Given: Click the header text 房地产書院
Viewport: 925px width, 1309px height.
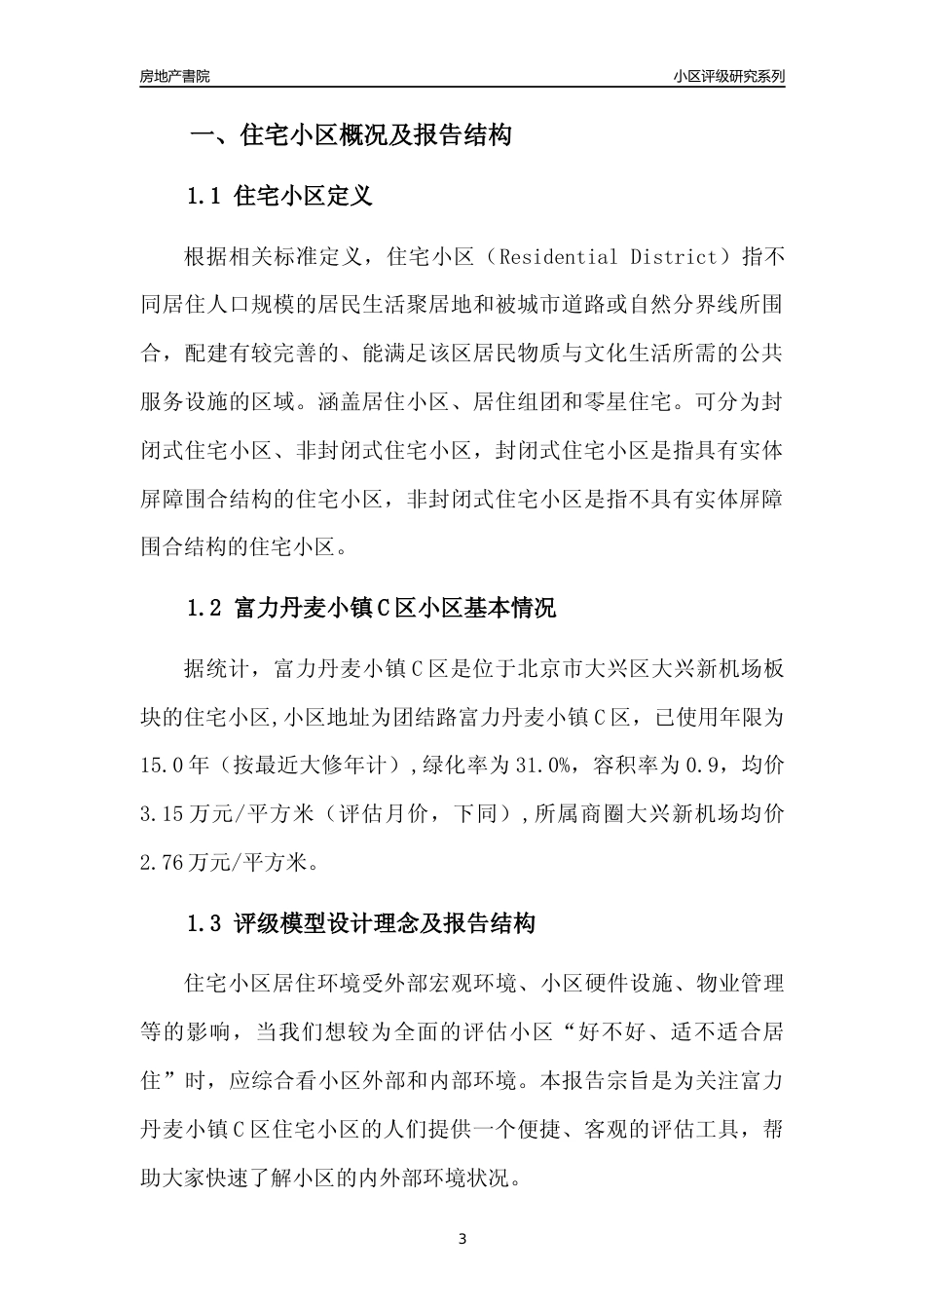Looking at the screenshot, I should (x=174, y=77).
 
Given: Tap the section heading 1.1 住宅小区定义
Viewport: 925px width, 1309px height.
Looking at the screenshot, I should (x=279, y=197).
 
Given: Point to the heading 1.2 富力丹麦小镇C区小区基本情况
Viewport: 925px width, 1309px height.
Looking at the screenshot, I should (x=371, y=609).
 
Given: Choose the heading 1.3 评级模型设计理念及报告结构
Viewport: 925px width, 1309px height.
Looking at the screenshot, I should (x=360, y=924).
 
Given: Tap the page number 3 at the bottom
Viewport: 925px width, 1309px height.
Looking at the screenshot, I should (x=462, y=1240).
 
